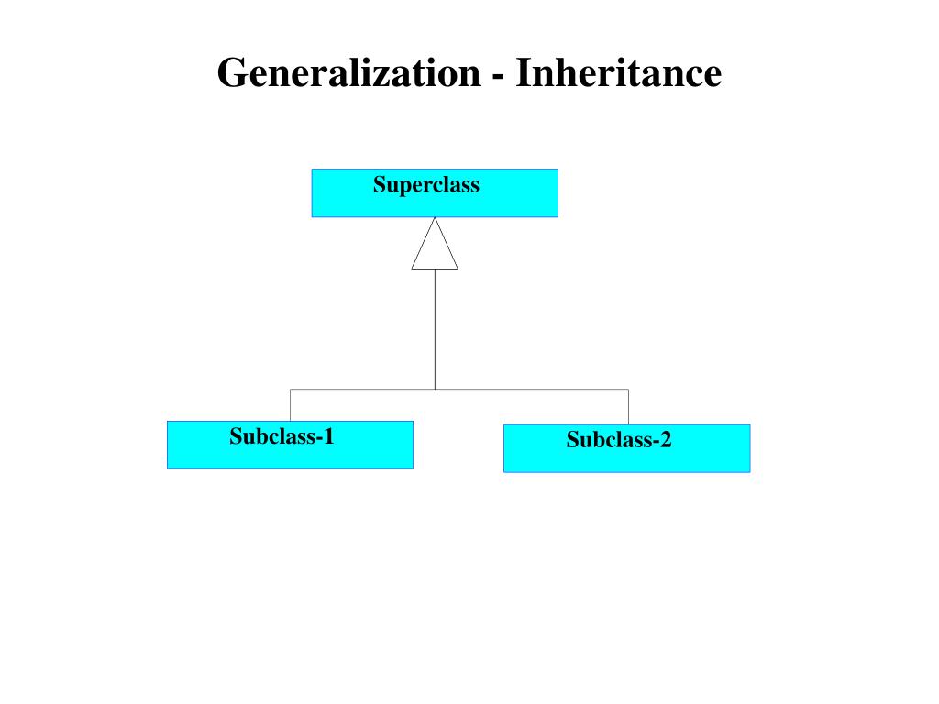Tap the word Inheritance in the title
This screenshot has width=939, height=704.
(618, 73)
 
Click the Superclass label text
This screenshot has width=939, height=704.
(425, 185)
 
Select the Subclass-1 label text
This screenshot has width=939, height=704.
(282, 436)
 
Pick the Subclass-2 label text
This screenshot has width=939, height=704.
(618, 440)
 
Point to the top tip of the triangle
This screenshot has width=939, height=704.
(435, 218)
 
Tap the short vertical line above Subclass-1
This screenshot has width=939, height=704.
(291, 405)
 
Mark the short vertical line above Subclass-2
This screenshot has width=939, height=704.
(628, 407)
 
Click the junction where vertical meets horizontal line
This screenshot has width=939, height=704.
(435, 390)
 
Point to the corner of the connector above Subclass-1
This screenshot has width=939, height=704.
(291, 390)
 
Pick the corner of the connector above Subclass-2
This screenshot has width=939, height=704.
(628, 390)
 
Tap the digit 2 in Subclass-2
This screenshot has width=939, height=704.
(665, 440)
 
